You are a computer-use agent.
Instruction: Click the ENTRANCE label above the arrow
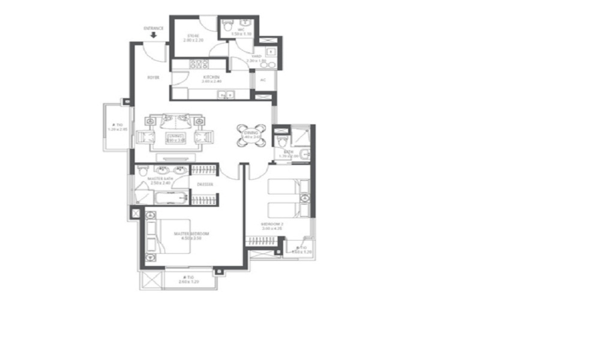(x=154, y=28)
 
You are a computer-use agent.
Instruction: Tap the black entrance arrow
(x=154, y=35)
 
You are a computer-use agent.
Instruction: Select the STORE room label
(x=193, y=36)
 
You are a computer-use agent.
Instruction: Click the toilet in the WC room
(x=226, y=27)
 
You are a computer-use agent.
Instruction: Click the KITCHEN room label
(x=210, y=77)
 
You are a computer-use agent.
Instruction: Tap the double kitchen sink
(x=226, y=94)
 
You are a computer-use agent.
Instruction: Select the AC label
(x=263, y=79)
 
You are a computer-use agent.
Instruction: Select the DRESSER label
(x=205, y=184)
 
